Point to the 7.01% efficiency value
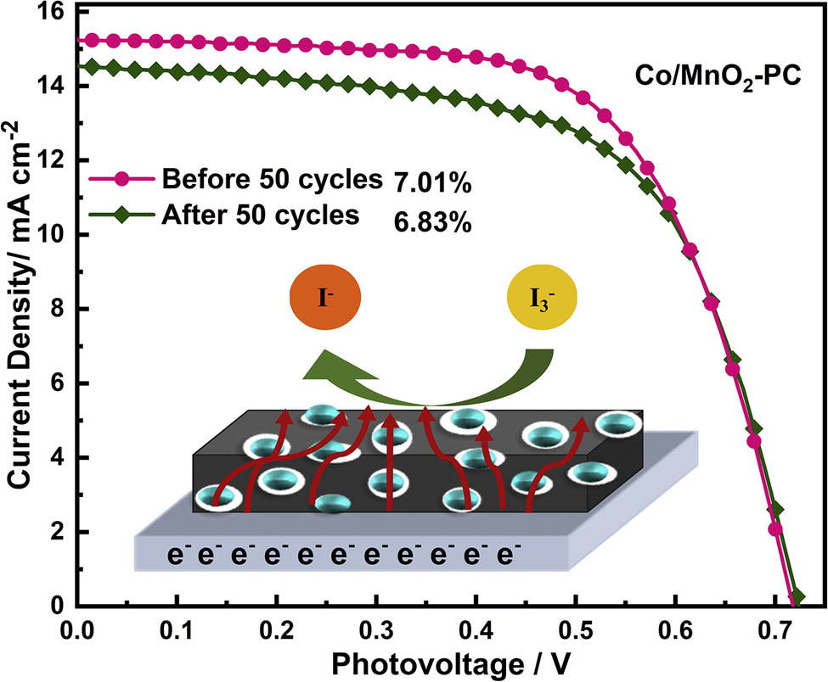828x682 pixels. click(x=432, y=182)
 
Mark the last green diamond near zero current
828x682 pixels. click(x=797, y=597)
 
